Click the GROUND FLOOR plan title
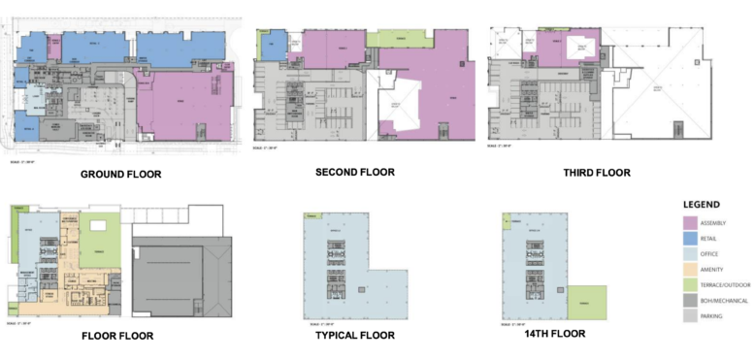click(121, 175)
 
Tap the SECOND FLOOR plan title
click(355, 172)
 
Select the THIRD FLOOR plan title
click(597, 173)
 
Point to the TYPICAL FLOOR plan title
click(354, 335)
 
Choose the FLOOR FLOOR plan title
click(115, 336)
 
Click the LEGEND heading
click(700, 205)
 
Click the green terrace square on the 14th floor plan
click(586, 304)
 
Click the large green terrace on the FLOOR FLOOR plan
click(99, 239)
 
